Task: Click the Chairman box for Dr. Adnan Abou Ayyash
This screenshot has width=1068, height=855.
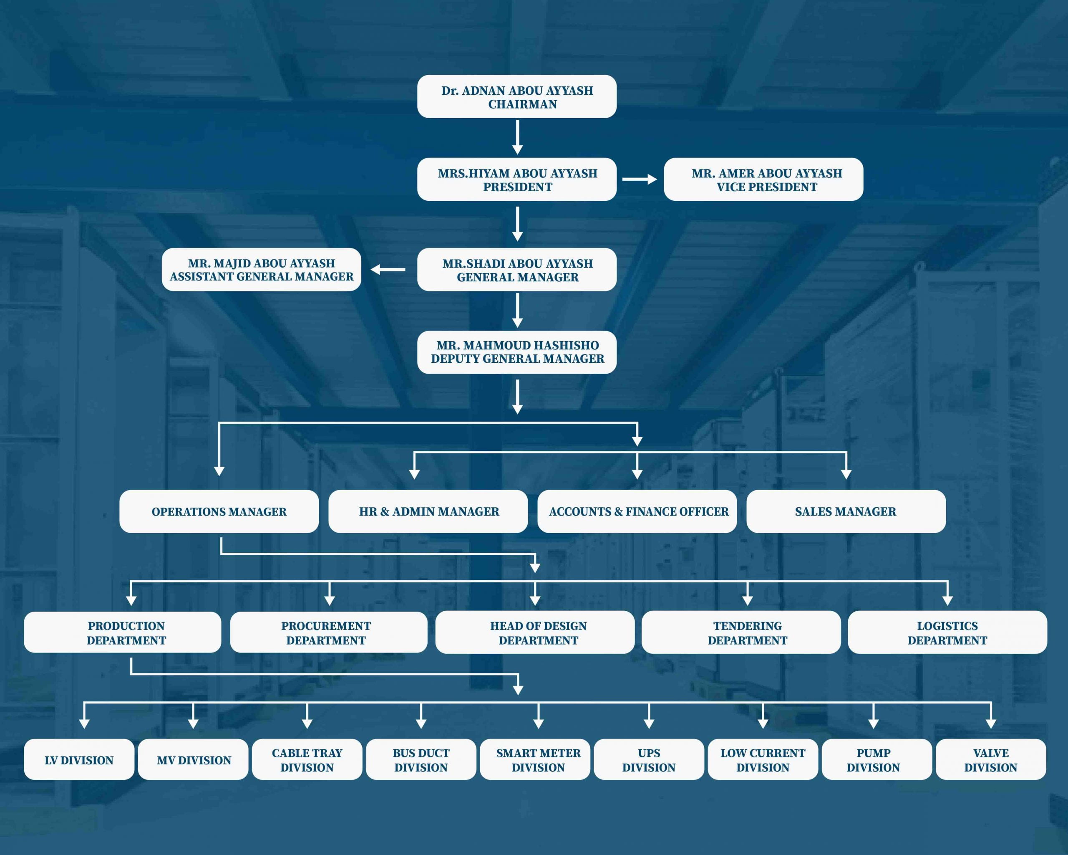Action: point(516,97)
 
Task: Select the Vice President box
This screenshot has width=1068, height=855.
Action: point(763,180)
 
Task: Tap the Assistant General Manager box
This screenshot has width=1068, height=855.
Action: point(262,270)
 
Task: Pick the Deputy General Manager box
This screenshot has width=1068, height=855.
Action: point(516,352)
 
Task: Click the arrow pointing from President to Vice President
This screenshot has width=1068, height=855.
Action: point(640,180)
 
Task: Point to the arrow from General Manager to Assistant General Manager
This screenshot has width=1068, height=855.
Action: point(388,270)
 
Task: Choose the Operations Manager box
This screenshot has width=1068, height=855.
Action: point(219,511)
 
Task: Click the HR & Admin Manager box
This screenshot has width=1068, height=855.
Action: point(428,511)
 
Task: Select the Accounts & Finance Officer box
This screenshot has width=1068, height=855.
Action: point(637,511)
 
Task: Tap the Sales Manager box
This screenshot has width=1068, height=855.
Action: point(846,511)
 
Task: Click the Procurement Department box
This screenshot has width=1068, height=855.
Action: point(329,632)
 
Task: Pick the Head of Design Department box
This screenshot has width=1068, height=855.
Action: point(535,632)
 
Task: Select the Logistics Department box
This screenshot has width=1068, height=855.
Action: point(947,632)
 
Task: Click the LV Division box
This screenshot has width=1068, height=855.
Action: point(79,759)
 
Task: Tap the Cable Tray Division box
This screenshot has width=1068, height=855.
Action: point(307,759)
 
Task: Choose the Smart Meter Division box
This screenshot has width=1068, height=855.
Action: point(535,759)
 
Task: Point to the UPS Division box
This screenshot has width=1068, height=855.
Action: point(649,759)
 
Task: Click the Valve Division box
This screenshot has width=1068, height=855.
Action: point(991,759)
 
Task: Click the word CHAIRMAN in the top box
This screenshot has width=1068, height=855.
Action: point(523,104)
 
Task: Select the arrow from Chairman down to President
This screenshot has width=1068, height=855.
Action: point(518,137)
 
